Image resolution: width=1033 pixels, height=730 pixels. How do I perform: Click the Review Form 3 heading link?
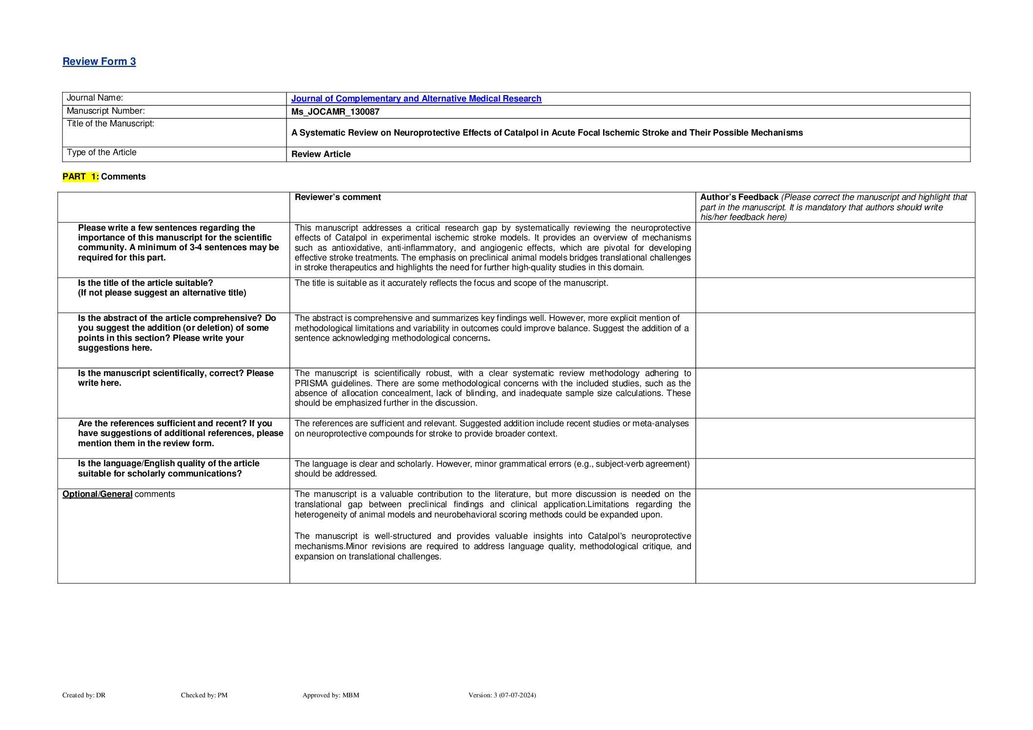coord(99,61)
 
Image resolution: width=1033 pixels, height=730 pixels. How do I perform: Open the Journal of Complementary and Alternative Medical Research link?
coord(416,99)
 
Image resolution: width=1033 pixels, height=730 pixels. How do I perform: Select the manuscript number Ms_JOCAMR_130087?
coord(335,112)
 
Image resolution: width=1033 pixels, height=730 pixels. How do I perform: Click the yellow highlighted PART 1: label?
coord(81,177)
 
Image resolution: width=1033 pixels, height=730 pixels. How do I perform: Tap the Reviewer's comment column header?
coord(338,197)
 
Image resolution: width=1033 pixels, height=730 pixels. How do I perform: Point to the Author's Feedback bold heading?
coord(739,197)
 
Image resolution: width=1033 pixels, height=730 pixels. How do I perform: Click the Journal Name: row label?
coord(95,98)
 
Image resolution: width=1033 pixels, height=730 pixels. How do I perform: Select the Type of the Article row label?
coord(101,152)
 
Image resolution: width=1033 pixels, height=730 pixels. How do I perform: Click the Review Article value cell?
coord(321,154)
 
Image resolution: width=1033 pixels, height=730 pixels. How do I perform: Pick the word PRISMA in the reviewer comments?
coord(311,383)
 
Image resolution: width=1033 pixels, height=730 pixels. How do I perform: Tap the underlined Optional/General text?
coord(97,494)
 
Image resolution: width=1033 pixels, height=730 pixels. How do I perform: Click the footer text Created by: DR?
coord(84,695)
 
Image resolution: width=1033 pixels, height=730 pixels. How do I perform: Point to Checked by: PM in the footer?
coord(204,695)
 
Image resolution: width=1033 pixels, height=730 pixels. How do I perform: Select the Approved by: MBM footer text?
coord(330,695)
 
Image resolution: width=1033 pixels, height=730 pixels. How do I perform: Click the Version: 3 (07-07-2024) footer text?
coord(502,695)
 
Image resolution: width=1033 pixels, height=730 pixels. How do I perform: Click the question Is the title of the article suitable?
coord(145,283)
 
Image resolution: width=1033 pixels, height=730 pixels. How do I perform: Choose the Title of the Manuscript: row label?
coord(110,124)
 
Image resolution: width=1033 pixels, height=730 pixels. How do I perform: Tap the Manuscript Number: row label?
coord(105,111)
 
